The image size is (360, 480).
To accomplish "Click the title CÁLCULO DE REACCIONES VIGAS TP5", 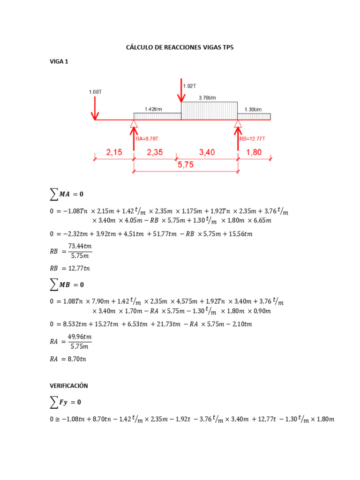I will [180, 47].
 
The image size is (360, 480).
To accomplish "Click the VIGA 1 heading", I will [59, 61].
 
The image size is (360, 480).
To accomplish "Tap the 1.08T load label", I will [95, 92].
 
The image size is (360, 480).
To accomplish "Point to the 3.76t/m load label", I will [207, 97].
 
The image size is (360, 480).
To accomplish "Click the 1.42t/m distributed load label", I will [154, 109].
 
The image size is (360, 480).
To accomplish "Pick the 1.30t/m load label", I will [253, 109].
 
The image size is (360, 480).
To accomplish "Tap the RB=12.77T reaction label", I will [253, 139].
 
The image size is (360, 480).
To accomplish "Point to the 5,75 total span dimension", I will [186, 165].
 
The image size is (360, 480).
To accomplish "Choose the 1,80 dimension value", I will [254, 152].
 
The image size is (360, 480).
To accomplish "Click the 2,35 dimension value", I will [155, 152].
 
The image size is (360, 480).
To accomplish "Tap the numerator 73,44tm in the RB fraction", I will [80, 246].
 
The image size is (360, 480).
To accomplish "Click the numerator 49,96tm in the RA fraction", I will [80, 337].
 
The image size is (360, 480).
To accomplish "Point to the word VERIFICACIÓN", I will [69, 385].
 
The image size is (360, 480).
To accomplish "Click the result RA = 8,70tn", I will [68, 359].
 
